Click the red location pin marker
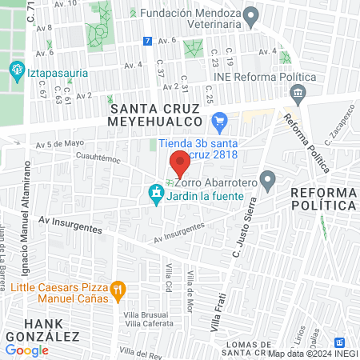pyautogui.click(x=180, y=163)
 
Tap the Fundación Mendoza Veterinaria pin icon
pyautogui.click(x=251, y=15)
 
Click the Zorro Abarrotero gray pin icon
pyautogui.click(x=268, y=180)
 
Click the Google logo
pyautogui.click(x=26, y=350)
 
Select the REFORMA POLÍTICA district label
pyautogui.click(x=323, y=199)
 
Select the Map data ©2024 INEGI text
pyautogui.click(x=312, y=353)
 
